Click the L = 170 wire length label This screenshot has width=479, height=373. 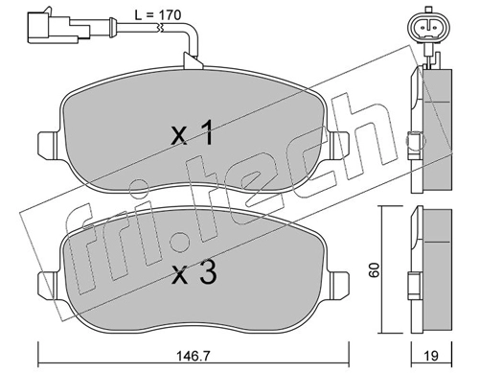click(x=158, y=15)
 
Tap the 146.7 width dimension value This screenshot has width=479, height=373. click(x=194, y=356)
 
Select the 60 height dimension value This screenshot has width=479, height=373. click(x=374, y=270)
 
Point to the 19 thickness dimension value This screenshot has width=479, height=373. click(x=431, y=356)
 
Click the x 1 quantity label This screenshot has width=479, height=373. click(x=193, y=132)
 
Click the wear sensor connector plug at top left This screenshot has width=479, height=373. click(x=58, y=27)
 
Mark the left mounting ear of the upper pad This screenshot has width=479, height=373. click(x=49, y=146)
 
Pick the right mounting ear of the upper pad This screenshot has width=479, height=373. click(x=338, y=146)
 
